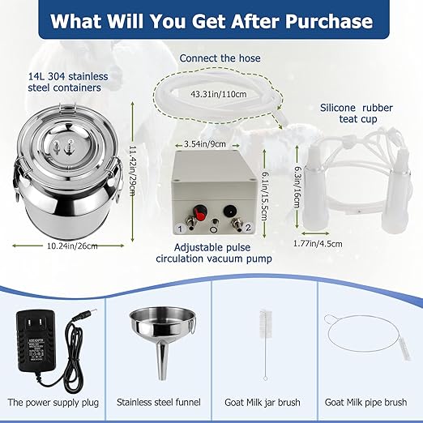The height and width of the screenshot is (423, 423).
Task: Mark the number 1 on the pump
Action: coord(180,229)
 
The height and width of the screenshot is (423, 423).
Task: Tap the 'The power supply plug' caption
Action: coord(53,400)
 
